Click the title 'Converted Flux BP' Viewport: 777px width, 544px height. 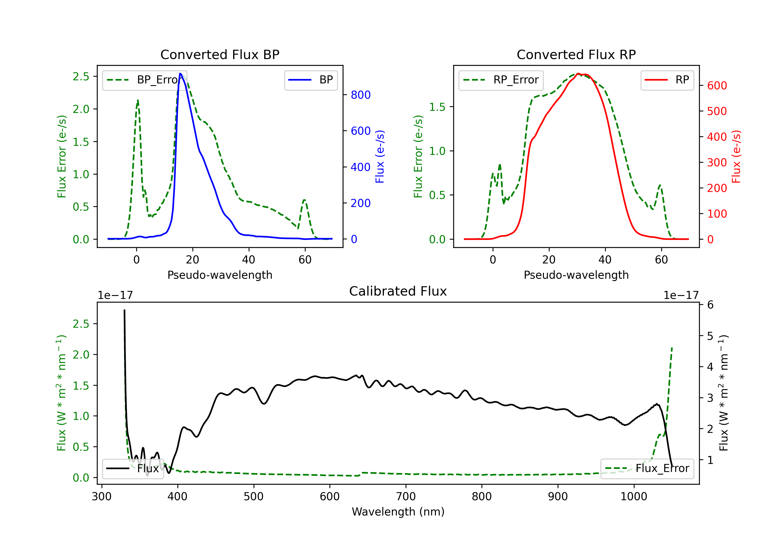coord(220,54)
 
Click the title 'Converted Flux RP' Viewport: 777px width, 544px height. coord(576,54)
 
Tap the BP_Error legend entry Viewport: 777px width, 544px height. coord(145,80)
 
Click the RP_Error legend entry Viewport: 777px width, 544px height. coord(501,80)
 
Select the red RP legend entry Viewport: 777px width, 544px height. coord(667,80)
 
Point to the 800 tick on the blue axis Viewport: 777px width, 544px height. coord(361,95)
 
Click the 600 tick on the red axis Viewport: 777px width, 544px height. coord(717,86)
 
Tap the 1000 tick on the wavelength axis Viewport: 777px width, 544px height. coord(634,497)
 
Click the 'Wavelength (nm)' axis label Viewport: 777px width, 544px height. coord(398,512)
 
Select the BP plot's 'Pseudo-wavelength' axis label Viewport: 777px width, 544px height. coord(220,275)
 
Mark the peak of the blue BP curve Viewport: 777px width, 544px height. coord(180,74)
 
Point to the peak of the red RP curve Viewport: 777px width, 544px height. coord(578,74)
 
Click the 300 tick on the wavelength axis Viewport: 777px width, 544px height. coord(102,497)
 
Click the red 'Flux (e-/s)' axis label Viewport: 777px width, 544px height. coord(736,156)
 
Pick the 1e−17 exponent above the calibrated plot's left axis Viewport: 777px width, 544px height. coord(115,295)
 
